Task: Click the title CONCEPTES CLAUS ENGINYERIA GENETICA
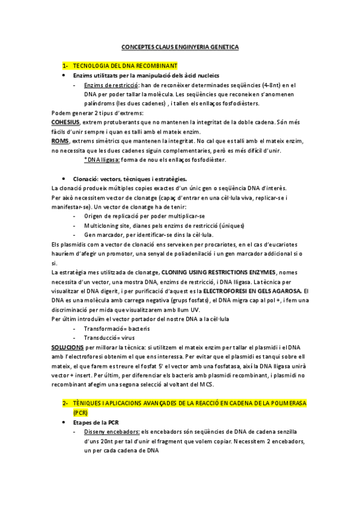pos(180,46)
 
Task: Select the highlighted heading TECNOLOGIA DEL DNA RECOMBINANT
pos(126,65)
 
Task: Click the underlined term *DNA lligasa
pos(102,159)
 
